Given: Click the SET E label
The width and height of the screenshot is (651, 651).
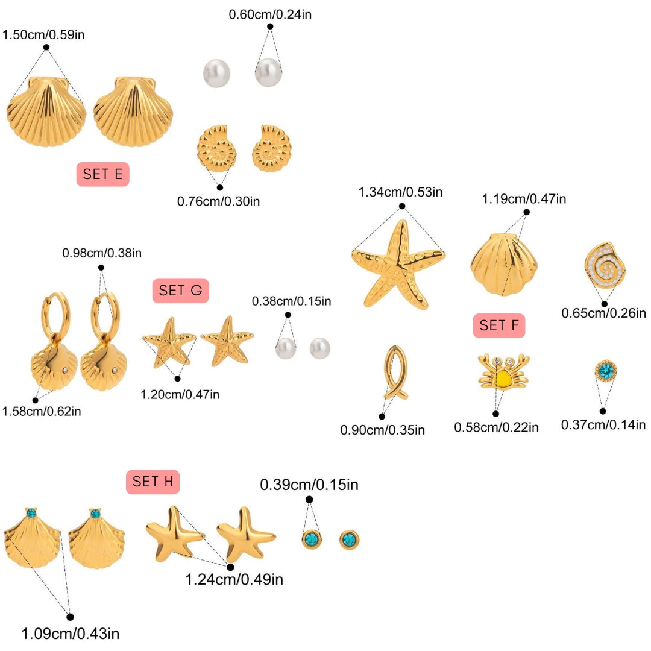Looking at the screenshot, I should (102, 174).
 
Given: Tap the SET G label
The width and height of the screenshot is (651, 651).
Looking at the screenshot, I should (180, 291).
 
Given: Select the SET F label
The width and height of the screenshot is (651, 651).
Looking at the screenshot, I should (499, 326).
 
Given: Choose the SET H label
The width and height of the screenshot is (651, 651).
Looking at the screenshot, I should (153, 482).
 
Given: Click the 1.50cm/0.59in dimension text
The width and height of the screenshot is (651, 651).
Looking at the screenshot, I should (43, 34).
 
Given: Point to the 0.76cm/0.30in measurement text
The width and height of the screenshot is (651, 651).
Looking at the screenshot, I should (218, 201).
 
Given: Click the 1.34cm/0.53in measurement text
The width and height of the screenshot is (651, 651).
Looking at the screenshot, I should (401, 192).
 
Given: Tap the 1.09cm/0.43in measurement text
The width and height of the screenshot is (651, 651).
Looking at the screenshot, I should (71, 634).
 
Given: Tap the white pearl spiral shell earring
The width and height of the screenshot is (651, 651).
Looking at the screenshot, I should (605, 265).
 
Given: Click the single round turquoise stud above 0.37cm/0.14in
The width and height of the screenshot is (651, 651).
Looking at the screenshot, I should (603, 370).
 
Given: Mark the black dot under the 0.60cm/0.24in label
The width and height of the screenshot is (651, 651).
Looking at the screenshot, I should (270, 27).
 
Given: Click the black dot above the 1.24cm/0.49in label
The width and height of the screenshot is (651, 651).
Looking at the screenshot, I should (230, 567).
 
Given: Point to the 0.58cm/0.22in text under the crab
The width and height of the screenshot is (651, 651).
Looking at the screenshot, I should (496, 427).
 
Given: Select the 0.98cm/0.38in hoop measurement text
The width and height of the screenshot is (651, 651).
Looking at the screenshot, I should (102, 253).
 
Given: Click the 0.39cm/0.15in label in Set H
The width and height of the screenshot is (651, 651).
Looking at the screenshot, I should (309, 485).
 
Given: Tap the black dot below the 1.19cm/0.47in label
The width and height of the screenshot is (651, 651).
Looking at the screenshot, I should (526, 212).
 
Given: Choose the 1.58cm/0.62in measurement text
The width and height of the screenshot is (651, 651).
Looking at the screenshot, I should (42, 411).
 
